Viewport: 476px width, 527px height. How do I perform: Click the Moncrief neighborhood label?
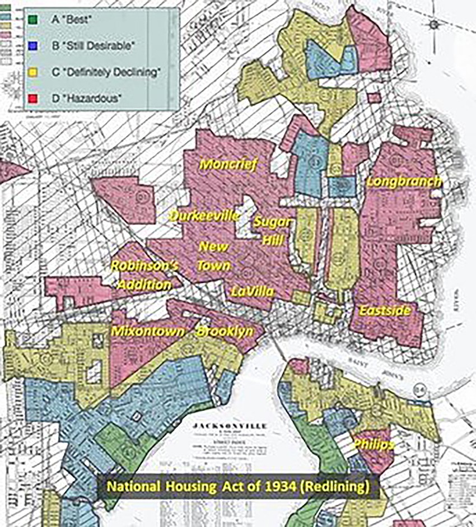[227, 165]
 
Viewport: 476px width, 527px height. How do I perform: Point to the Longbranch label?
[403, 182]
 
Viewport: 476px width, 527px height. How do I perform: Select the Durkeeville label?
[205, 216]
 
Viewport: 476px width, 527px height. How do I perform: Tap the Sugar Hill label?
[273, 231]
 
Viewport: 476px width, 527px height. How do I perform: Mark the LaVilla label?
[253, 291]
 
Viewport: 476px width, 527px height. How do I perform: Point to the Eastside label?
[385, 310]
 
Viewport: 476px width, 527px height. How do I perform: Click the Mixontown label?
[147, 332]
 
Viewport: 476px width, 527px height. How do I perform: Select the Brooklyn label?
[224, 332]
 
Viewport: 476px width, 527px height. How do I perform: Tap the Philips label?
[373, 445]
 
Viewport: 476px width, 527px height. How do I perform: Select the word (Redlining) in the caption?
[336, 486]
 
